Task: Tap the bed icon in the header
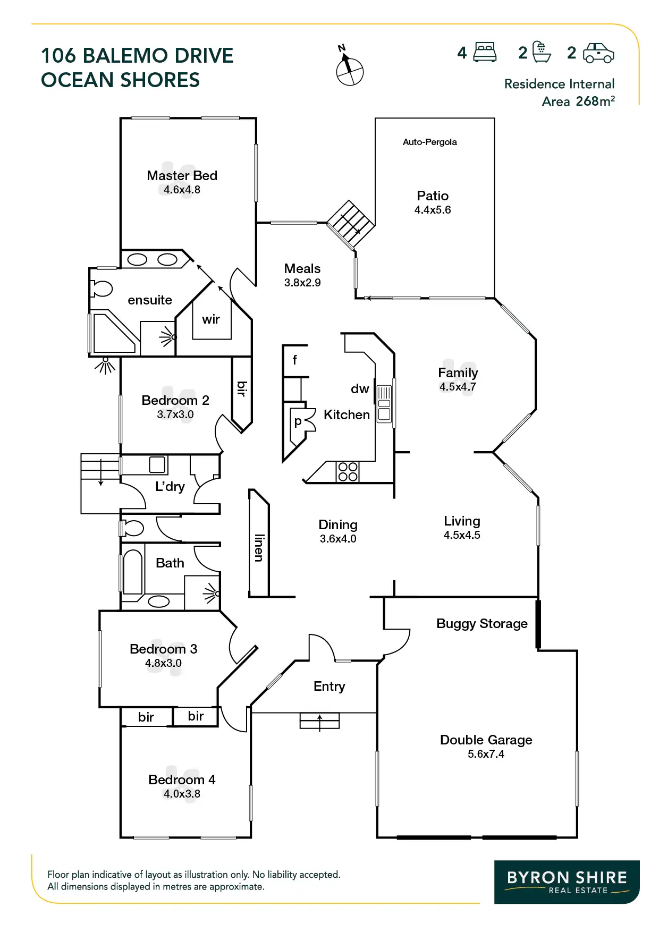[x=484, y=53]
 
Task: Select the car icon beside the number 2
[x=598, y=53]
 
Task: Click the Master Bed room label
[x=182, y=175]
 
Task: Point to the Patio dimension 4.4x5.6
[x=433, y=210]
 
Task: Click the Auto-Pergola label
[x=429, y=142]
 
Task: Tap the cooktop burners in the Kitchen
[x=348, y=472]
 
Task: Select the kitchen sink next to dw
[x=384, y=404]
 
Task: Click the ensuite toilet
[x=102, y=289]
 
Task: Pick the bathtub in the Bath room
[x=133, y=572]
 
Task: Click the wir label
[x=211, y=319]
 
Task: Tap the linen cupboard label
[x=259, y=547]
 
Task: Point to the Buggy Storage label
[x=481, y=623]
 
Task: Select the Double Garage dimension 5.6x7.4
[x=486, y=754]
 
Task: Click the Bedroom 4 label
[x=182, y=780]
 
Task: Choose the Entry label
[x=329, y=686]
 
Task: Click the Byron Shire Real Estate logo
[x=567, y=882]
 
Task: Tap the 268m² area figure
[x=595, y=101]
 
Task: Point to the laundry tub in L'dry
[x=157, y=464]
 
